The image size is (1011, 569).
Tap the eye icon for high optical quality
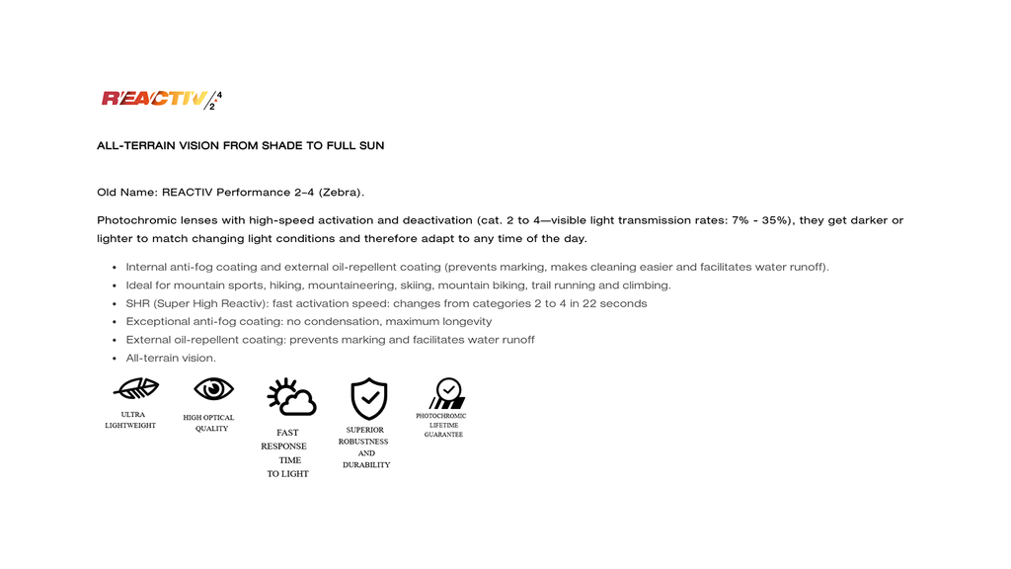pyautogui.click(x=213, y=388)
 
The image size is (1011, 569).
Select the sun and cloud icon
pyautogui.click(x=291, y=397)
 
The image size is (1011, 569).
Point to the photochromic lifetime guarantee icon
pyautogui.click(x=446, y=393)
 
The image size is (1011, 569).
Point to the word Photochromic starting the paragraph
pyautogui.click(x=135, y=220)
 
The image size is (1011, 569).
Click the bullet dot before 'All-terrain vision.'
pyautogui.click(x=116, y=359)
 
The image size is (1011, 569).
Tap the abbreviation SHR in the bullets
pyautogui.click(x=139, y=303)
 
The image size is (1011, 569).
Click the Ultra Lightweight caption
pyautogui.click(x=130, y=420)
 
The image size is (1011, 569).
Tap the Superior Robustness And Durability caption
pyautogui.click(x=366, y=447)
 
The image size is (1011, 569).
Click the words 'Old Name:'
pyautogui.click(x=126, y=192)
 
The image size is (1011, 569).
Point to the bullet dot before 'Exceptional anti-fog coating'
pyautogui.click(x=116, y=322)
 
